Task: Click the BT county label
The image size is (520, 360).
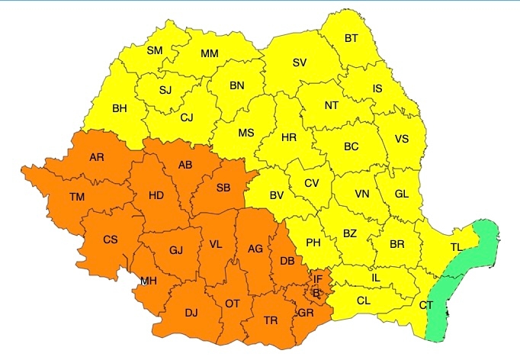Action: pos(351,38)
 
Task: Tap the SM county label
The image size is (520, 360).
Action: pos(154,51)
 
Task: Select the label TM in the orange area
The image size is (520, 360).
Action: pos(77,197)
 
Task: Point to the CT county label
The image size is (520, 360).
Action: pos(426,305)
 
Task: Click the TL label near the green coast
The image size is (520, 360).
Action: pos(456,247)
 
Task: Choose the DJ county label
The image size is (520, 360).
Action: pos(191,311)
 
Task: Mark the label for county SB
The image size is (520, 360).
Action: pos(223,188)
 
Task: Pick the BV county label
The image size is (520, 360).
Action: pos(277,195)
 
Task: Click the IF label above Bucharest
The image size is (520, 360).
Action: pos(318,279)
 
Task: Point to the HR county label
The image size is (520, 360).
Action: pos(289,138)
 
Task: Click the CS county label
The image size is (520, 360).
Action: pos(111,239)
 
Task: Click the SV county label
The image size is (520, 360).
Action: pos(299,63)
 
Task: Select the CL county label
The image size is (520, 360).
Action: pos(364,301)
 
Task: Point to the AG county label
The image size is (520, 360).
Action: pos(255,248)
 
